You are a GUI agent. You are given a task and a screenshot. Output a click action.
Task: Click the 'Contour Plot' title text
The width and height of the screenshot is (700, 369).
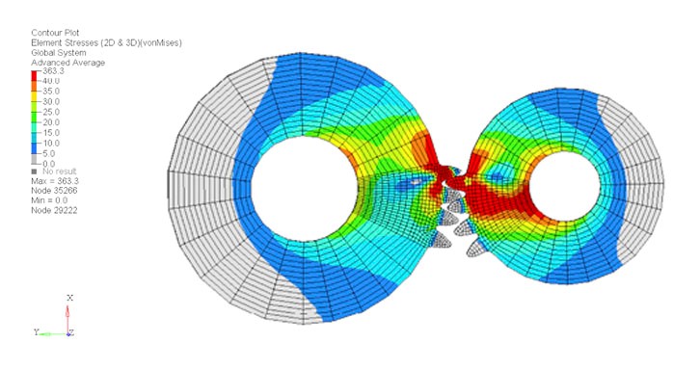(x=55, y=33)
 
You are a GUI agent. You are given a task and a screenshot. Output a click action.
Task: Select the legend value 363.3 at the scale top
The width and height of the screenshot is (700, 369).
(x=53, y=71)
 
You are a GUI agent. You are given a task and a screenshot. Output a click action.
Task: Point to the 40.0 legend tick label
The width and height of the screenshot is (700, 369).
(x=51, y=81)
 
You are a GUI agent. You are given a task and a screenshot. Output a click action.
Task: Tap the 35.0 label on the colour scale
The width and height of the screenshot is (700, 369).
(x=51, y=91)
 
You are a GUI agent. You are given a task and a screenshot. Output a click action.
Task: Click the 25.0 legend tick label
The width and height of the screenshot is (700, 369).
(x=51, y=112)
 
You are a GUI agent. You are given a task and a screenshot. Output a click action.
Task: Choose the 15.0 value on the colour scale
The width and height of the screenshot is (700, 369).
(x=51, y=133)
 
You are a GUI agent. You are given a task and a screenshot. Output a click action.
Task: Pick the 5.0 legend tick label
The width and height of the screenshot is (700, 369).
(x=48, y=153)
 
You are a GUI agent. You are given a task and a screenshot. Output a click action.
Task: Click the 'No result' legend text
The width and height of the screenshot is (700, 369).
(x=60, y=171)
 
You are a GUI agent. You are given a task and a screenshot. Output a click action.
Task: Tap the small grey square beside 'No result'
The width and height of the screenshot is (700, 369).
(x=34, y=171)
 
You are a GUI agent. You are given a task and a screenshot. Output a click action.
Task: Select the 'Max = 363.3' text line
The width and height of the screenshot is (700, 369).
(x=55, y=181)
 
